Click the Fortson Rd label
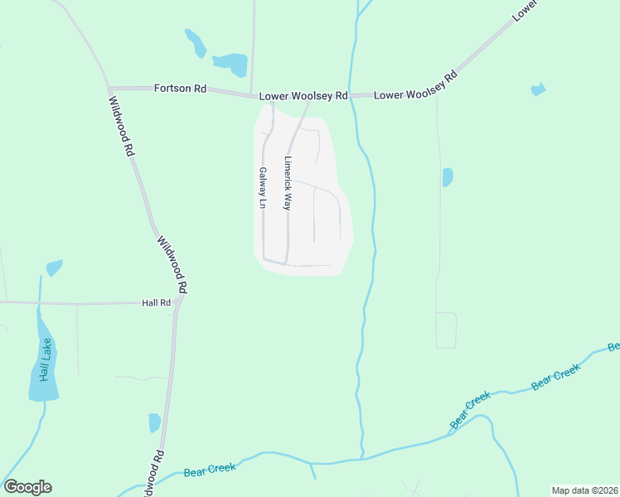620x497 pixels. (180, 88)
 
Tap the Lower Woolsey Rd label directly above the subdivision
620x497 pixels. (303, 96)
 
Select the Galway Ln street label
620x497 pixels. (262, 188)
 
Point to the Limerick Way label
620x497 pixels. (288, 183)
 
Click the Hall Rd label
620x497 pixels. (156, 303)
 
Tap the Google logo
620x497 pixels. (27, 487)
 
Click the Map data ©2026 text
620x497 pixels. (584, 490)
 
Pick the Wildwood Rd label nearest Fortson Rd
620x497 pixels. (121, 126)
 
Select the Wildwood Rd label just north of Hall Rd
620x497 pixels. (172, 264)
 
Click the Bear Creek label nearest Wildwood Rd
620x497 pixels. (210, 469)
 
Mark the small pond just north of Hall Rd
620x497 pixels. (54, 268)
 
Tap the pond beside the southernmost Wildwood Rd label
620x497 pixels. (154, 422)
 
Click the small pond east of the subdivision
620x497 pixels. (448, 177)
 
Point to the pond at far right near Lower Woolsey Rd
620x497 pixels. (538, 89)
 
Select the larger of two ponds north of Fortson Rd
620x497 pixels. (231, 63)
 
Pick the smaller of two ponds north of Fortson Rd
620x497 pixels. (196, 42)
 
